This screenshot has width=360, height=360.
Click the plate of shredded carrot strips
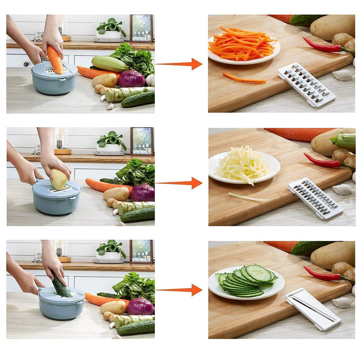[x=243, y=47]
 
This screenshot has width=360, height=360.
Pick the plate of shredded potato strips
[x=244, y=166]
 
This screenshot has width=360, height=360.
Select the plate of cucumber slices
[x=246, y=281]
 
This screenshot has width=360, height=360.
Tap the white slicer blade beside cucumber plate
[x=313, y=310]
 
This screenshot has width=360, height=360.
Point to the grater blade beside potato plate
[x=315, y=198]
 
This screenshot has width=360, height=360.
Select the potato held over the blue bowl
[x=59, y=179]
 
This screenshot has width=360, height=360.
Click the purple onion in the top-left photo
[x=132, y=78]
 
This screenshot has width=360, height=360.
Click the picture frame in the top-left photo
[x=141, y=28]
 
